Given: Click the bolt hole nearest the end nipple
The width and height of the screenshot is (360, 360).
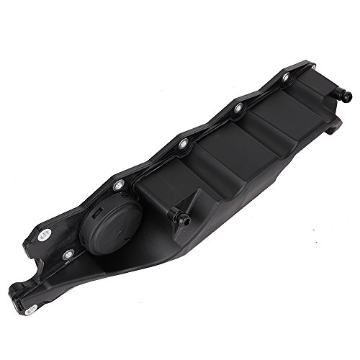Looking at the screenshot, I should [x=286, y=77].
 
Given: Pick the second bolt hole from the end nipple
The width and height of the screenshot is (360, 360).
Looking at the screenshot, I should [x=238, y=108].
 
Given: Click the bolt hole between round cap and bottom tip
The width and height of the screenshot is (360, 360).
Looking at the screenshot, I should [x=68, y=253].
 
